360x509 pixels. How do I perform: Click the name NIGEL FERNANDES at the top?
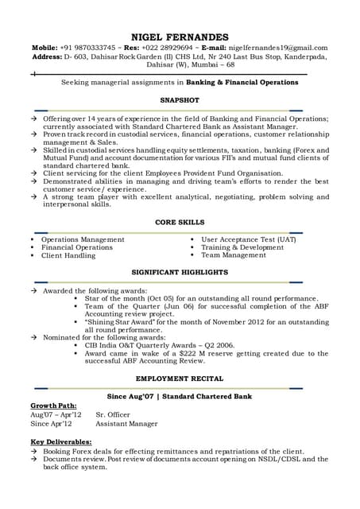click(x=180, y=37)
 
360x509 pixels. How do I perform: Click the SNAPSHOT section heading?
click(x=180, y=100)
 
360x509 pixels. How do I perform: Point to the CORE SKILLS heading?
click(x=180, y=222)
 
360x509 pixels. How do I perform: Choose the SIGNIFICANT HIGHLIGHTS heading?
click(x=180, y=272)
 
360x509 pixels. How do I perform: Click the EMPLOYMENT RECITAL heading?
click(x=180, y=379)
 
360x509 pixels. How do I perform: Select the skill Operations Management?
click(x=83, y=239)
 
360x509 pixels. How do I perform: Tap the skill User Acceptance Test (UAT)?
click(x=249, y=239)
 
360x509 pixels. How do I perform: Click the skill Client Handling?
click(x=68, y=255)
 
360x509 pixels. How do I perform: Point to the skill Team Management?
click(x=234, y=255)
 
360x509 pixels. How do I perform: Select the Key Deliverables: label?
click(x=61, y=441)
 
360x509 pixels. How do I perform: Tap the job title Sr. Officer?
click(x=114, y=414)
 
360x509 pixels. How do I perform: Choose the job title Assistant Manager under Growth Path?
click(x=127, y=423)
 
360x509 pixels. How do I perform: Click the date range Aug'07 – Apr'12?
click(x=56, y=414)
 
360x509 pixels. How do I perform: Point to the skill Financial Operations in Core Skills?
click(x=77, y=247)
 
